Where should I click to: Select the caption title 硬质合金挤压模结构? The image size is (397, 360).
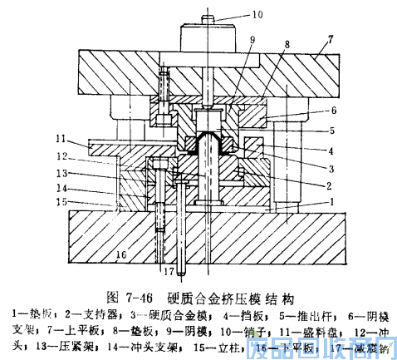(x=231, y=295)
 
